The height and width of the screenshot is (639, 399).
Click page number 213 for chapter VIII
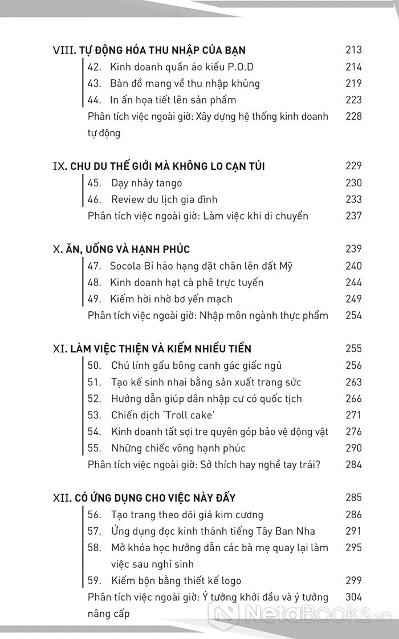[353, 50]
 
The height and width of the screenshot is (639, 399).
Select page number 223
[353, 100]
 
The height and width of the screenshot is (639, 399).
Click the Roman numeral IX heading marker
[59, 166]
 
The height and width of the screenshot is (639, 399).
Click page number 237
[353, 216]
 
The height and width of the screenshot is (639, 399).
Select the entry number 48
[95, 282]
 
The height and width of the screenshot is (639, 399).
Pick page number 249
[353, 299]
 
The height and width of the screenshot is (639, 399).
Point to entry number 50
[95, 365]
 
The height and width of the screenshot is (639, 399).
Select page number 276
[353, 432]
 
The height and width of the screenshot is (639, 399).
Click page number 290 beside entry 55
[353, 448]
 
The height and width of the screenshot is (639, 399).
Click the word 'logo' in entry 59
[230, 581]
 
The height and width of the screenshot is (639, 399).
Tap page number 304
[353, 597]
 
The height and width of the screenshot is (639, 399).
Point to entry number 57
[95, 531]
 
